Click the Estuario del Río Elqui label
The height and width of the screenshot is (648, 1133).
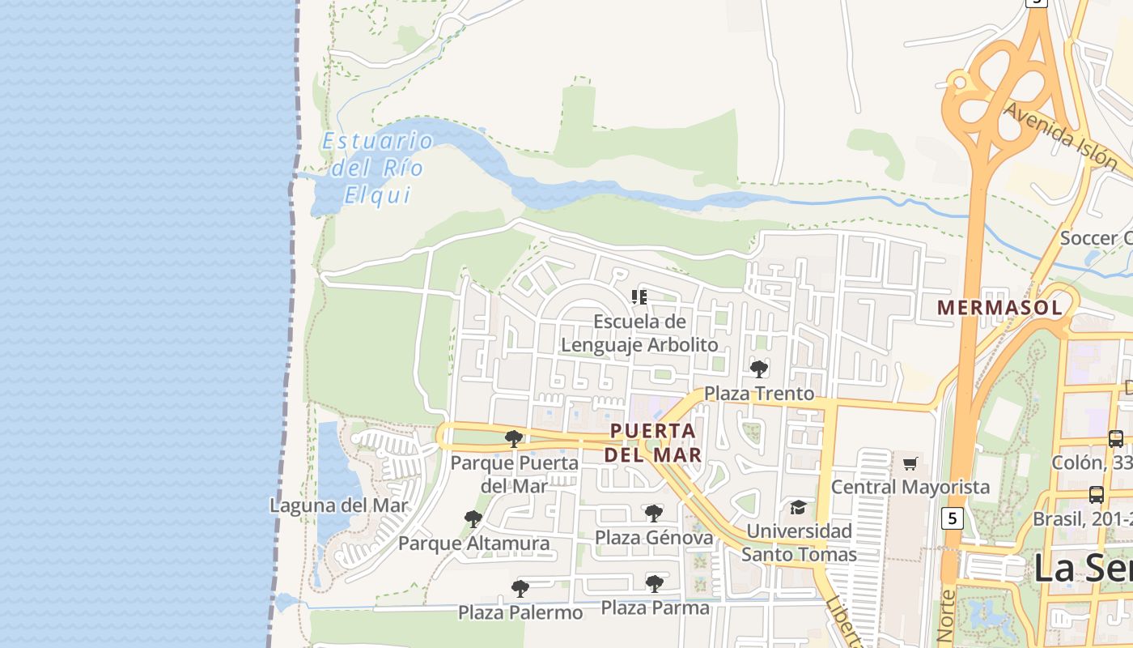377,168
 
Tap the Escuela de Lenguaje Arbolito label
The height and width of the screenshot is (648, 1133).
639,333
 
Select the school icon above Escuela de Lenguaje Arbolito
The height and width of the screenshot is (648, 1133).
639,296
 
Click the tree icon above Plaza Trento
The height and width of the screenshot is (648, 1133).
759,369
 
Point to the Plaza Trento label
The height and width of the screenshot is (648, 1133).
759,394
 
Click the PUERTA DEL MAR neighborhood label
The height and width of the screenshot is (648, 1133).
653,442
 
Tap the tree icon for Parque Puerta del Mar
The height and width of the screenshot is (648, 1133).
513,439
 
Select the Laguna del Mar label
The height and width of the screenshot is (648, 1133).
339,505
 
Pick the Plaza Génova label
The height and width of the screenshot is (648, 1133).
654,538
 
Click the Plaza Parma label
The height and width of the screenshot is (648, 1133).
655,607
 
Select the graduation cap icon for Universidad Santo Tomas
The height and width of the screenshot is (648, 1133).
799,507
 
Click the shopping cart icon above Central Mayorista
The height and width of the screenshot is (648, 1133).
910,463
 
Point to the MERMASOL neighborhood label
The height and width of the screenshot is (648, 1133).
999,308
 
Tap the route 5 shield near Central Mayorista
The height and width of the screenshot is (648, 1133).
953,518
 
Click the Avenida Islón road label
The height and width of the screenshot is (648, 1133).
1060,136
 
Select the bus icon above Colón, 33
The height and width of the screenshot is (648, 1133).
1115,439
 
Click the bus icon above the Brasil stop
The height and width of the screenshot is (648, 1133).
1097,494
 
